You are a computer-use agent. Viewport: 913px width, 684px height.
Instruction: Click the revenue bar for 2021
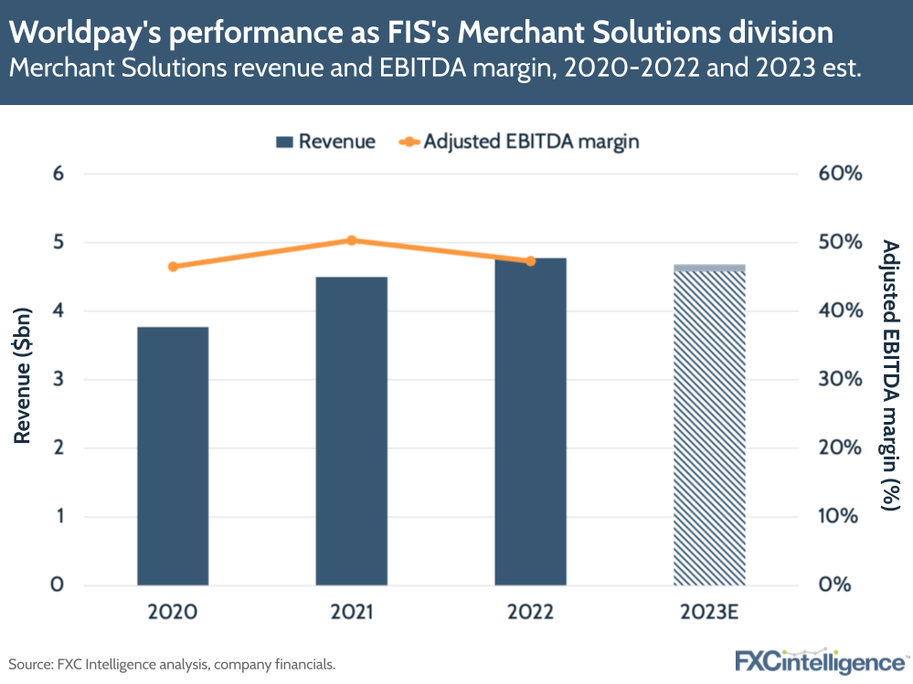(x=352, y=430)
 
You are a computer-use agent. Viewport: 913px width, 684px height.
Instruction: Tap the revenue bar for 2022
(x=530, y=421)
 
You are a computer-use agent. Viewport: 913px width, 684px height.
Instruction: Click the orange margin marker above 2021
(x=352, y=240)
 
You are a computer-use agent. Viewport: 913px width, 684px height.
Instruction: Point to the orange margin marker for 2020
(x=173, y=267)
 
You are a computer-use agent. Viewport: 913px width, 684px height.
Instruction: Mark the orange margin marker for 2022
(x=530, y=261)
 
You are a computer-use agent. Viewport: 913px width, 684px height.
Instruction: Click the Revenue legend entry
(x=325, y=142)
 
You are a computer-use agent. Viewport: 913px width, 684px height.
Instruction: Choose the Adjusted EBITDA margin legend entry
(x=518, y=142)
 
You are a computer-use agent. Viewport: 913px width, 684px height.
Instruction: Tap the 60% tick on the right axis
(x=839, y=174)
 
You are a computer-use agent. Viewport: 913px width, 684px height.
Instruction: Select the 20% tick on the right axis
(x=839, y=448)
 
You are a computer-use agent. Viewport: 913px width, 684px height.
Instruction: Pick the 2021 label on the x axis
(x=352, y=612)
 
